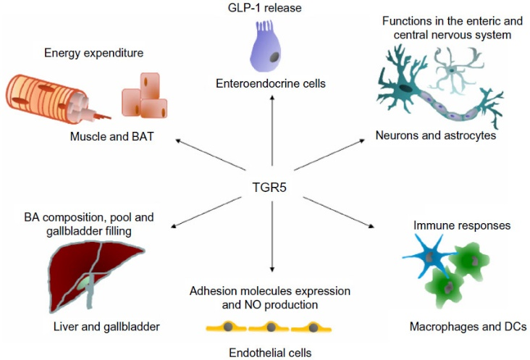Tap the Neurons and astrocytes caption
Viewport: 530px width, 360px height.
pos(436,135)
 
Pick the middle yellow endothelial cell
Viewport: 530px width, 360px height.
pos(271,328)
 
